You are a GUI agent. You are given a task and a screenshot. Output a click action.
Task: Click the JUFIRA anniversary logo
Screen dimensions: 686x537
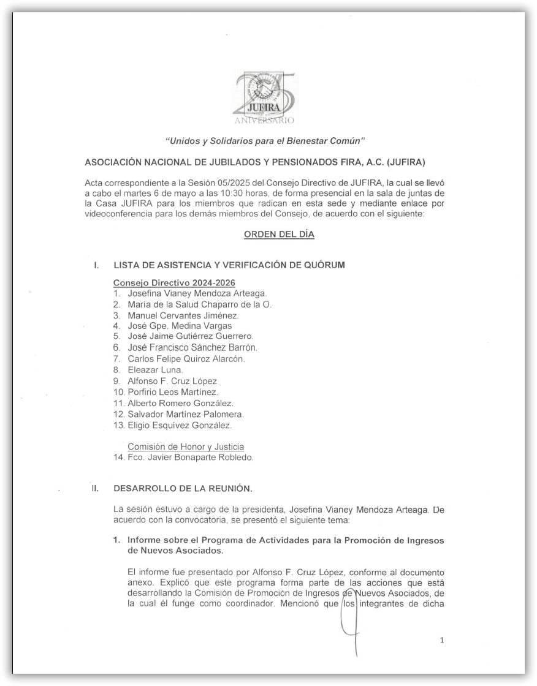(265, 98)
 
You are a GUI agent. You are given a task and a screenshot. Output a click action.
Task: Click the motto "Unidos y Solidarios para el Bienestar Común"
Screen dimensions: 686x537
(265, 142)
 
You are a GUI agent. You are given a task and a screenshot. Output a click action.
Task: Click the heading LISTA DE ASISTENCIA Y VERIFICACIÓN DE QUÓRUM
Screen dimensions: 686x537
(229, 265)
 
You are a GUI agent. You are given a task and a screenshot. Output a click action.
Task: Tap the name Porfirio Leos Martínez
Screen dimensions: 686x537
(173, 391)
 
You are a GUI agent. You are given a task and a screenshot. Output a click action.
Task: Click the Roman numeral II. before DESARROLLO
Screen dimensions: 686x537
(96, 489)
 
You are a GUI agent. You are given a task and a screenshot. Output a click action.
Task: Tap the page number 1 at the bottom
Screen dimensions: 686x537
(442, 641)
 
